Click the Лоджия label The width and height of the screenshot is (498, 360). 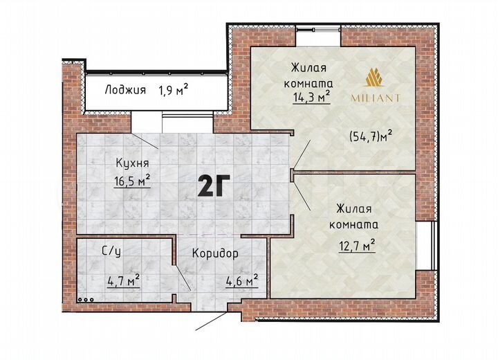point(125,89)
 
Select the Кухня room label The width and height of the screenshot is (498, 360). point(132,164)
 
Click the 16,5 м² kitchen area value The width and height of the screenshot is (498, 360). point(132,182)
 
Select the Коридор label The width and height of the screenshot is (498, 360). point(216,253)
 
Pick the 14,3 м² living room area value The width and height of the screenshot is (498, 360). point(309,98)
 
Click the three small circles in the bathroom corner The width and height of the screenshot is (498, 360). point(85,300)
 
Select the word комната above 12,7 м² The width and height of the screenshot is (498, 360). point(356,225)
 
